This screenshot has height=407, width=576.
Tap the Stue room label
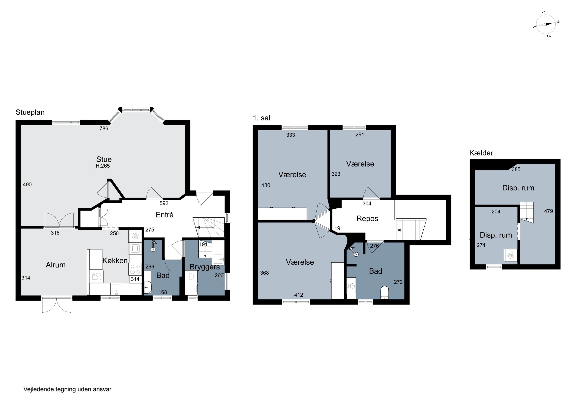click(x=104, y=159)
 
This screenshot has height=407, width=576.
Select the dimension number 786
click(x=104, y=128)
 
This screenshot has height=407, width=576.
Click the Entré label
click(x=165, y=215)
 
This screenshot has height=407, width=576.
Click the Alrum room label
click(x=56, y=265)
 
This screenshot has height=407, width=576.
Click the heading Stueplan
click(x=30, y=112)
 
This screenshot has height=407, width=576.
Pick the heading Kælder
click(x=481, y=153)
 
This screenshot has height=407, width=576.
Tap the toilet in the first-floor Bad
click(x=385, y=293)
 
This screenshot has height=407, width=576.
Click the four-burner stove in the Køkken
click(x=135, y=269)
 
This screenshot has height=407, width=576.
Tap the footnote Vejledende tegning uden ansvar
click(x=67, y=389)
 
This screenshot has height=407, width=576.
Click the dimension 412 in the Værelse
click(x=299, y=295)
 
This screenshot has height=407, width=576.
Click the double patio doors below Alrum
click(x=57, y=305)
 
